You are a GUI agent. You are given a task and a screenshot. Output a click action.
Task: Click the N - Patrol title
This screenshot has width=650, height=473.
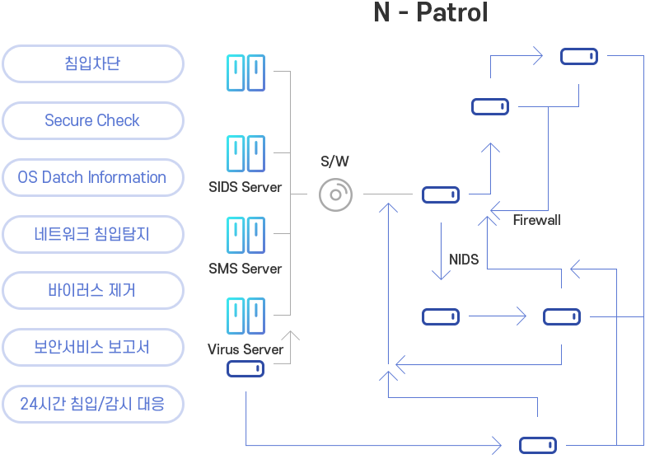[x=430, y=12]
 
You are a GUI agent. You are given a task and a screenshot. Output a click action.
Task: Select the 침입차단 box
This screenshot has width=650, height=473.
[x=91, y=63]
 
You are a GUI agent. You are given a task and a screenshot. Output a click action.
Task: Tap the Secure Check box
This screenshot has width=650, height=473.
[x=91, y=120]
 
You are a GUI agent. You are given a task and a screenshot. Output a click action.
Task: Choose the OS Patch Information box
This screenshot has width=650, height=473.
[x=91, y=177]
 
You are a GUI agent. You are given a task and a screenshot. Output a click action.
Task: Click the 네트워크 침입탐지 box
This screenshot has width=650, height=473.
[x=91, y=234]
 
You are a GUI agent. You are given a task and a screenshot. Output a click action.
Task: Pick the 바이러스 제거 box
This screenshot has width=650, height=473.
[x=91, y=290]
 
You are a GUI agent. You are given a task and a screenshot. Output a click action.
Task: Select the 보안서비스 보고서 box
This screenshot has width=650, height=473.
[x=91, y=347]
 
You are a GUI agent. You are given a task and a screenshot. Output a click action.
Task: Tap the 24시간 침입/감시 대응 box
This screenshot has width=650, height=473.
[x=91, y=404]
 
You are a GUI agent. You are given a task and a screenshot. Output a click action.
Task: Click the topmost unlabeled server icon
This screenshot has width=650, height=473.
[x=246, y=73]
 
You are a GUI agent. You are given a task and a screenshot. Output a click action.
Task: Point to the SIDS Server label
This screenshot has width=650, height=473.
[x=246, y=187]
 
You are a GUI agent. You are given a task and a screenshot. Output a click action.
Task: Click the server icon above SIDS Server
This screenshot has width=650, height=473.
[x=246, y=153]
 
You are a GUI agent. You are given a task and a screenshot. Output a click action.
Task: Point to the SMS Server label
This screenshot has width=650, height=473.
[x=246, y=269]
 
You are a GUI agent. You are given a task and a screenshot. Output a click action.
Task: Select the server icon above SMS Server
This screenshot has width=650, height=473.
[x=246, y=235]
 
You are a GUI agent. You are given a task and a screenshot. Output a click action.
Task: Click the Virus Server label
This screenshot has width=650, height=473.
[x=246, y=349]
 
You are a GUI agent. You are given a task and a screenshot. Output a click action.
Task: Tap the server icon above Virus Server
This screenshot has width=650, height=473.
[x=246, y=316]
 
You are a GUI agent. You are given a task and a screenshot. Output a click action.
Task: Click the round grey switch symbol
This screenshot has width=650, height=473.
[x=335, y=195]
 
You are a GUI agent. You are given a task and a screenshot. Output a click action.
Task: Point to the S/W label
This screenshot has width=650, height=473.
[x=334, y=162]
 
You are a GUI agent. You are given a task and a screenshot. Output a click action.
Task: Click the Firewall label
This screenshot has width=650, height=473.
[x=536, y=220]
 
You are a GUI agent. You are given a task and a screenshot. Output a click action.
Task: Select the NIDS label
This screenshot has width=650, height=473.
[x=464, y=260]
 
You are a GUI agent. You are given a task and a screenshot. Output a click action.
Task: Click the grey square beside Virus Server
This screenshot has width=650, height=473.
[x=286, y=347]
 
